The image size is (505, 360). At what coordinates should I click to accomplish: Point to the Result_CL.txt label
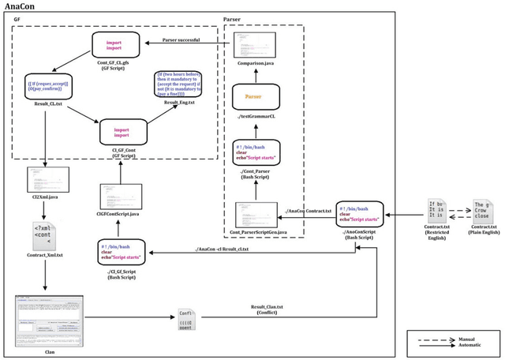[x=37, y=125]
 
